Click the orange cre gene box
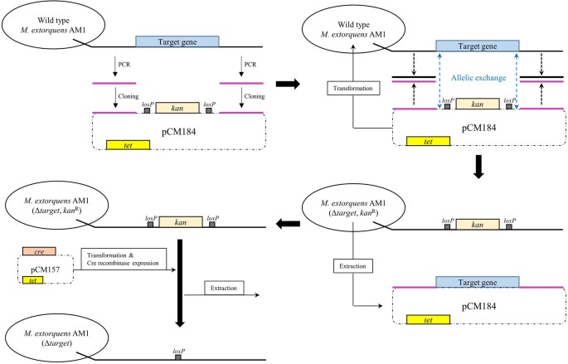click(39, 251)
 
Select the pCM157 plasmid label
click(46, 269)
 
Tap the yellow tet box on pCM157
click(33, 280)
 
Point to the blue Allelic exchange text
click(478, 77)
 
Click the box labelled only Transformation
click(353, 88)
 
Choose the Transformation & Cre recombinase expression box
click(124, 259)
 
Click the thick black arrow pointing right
click(288, 84)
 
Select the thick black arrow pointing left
click(288, 224)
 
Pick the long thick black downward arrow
click(180, 284)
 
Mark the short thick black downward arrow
click(478, 167)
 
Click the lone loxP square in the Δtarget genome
click(177, 357)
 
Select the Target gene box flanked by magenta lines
click(478, 282)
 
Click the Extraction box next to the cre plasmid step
click(224, 288)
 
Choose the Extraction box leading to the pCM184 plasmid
click(353, 266)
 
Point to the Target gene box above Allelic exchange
click(478, 46)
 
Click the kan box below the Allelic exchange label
click(478, 104)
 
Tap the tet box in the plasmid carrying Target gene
click(428, 320)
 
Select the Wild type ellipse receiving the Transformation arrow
click(353, 30)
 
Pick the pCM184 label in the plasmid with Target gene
click(479, 307)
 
